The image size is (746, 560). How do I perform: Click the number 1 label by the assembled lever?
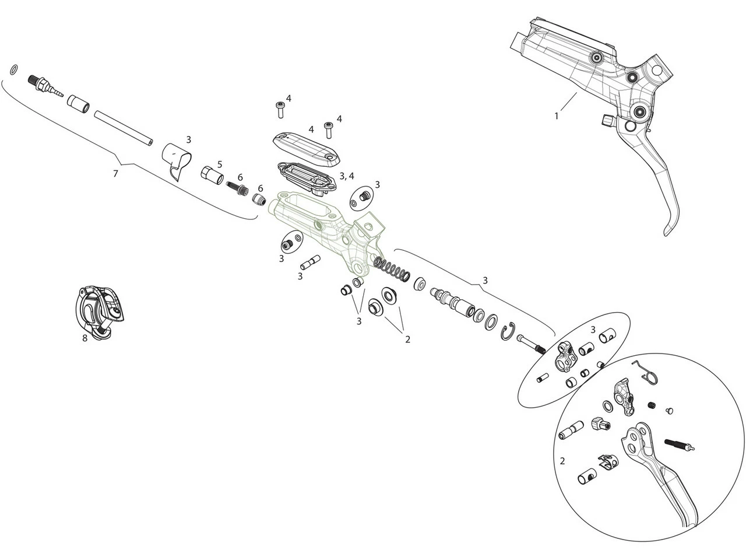[x=556, y=116]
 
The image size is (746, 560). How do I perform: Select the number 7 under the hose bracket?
[x=115, y=173]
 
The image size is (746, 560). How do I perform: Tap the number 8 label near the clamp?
[x=85, y=338]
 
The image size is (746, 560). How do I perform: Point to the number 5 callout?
[x=220, y=164]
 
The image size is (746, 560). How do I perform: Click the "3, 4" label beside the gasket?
[x=347, y=176]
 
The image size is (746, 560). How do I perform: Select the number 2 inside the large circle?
[x=562, y=461]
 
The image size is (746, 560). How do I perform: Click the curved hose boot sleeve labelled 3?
[x=177, y=160]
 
